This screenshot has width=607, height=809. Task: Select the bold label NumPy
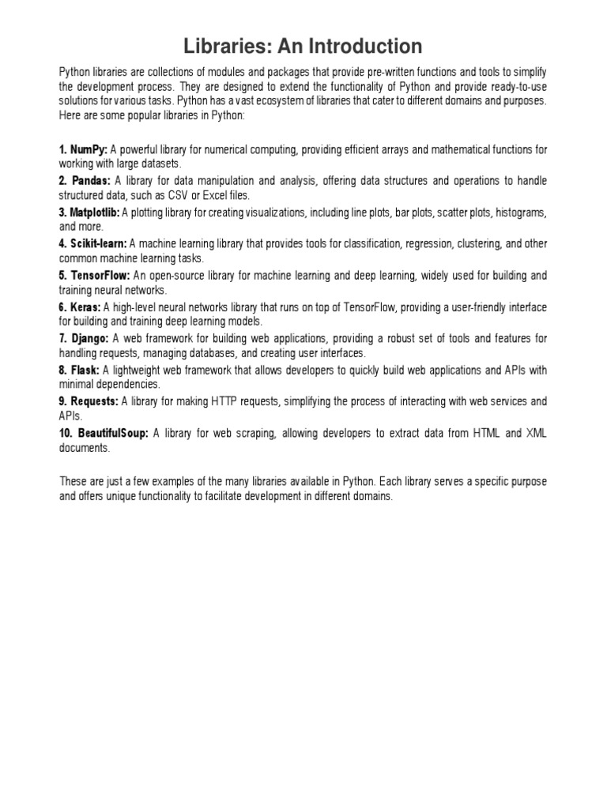point(88,149)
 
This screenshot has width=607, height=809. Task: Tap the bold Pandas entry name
point(92,181)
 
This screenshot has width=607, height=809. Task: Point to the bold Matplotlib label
point(93,213)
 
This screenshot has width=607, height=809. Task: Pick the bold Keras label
point(85,307)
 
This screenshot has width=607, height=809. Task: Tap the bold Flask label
point(84,370)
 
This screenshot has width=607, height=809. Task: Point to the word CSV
point(194,195)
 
